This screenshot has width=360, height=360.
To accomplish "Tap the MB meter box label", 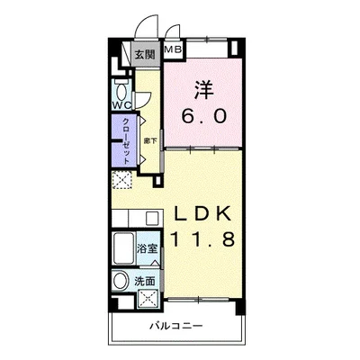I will click(173, 50).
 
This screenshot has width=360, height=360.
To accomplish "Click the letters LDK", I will click(203, 214).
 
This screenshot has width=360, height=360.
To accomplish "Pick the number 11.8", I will click(203, 240).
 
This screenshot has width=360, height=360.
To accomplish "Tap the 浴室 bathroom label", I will click(148, 246).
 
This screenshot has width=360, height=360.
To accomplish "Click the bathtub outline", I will click(123, 247).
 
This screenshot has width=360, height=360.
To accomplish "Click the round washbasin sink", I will click(121, 282).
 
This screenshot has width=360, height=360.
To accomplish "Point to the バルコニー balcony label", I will click(176, 326).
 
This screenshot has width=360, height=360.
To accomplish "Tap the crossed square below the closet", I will click(122, 179).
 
